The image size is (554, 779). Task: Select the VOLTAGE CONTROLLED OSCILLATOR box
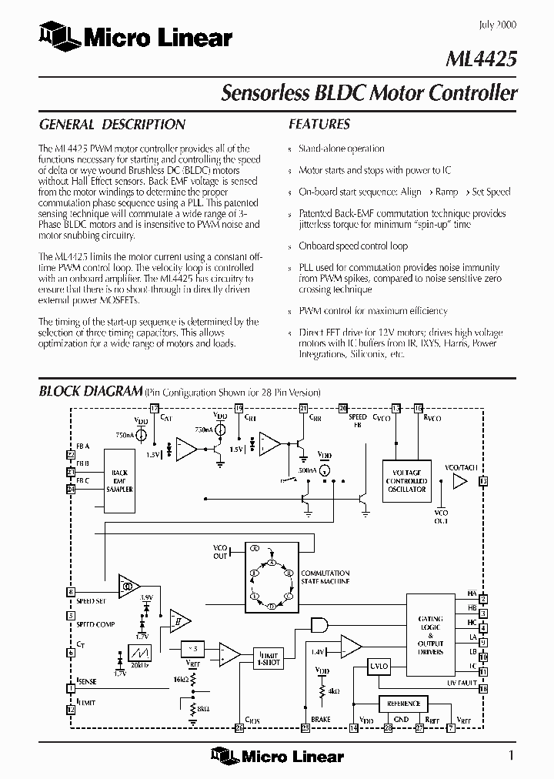tap(407, 480)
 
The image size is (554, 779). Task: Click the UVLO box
tap(378, 665)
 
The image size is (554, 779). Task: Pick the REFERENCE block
tap(404, 704)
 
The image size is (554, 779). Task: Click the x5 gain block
tap(193, 645)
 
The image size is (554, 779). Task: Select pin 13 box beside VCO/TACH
tap(483, 481)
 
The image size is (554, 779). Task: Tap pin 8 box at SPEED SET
tap(71, 593)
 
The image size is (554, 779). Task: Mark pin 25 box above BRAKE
tap(305, 727)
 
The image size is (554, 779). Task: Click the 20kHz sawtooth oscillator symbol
tap(140, 651)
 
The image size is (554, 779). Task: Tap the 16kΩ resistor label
tap(182, 680)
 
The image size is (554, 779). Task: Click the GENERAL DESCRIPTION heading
tap(112, 124)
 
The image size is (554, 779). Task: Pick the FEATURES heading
tap(319, 124)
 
